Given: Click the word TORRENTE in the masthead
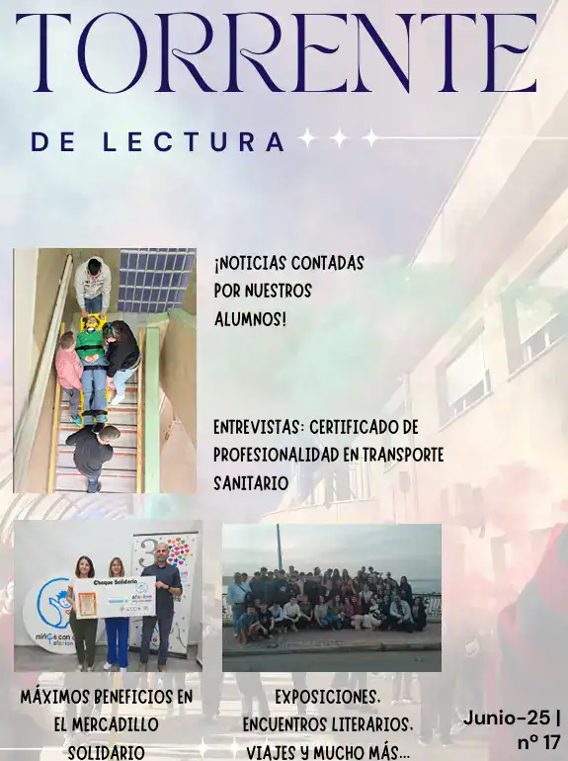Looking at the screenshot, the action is pyautogui.click(x=277, y=52).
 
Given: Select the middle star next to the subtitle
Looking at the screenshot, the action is pyautogui.click(x=340, y=138).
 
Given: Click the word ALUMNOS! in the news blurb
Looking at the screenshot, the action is pyautogui.click(x=250, y=320).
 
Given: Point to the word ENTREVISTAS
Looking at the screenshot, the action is pyautogui.click(x=258, y=428).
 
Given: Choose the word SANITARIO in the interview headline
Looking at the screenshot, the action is pyautogui.click(x=251, y=483).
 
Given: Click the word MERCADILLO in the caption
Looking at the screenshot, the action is pyautogui.click(x=107, y=724).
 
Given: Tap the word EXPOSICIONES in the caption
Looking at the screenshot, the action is pyautogui.click(x=327, y=698).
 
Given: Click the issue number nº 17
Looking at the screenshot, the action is pyautogui.click(x=538, y=742).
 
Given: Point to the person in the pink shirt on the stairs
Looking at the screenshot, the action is pyautogui.click(x=69, y=376).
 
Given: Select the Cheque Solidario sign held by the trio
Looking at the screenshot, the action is pyautogui.click(x=115, y=598).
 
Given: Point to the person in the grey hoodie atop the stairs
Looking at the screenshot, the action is pyautogui.click(x=92, y=286).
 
